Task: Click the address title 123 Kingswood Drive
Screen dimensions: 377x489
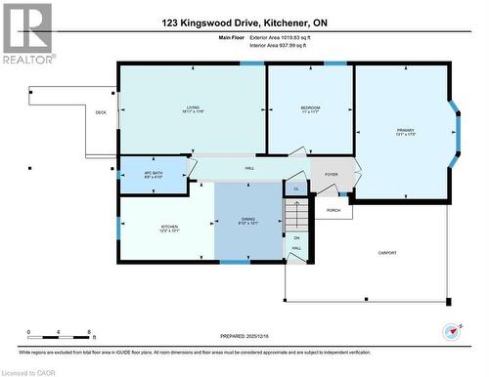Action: [244, 21]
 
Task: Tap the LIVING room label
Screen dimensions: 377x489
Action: [193, 108]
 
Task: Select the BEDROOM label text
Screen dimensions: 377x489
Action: [310, 108]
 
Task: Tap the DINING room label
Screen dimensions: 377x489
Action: [247, 221]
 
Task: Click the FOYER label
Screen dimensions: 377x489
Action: [331, 176]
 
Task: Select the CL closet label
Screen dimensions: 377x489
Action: [295, 188]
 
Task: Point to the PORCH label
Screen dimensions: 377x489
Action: [333, 210]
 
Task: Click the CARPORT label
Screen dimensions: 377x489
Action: [387, 253]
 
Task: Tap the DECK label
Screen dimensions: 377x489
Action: [101, 112]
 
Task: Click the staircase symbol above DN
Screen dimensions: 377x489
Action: [295, 216]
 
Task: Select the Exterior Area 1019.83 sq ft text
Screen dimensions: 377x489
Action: [274, 37]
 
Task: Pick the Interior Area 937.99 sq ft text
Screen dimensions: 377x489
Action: [274, 45]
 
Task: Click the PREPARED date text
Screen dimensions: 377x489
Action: [243, 333]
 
